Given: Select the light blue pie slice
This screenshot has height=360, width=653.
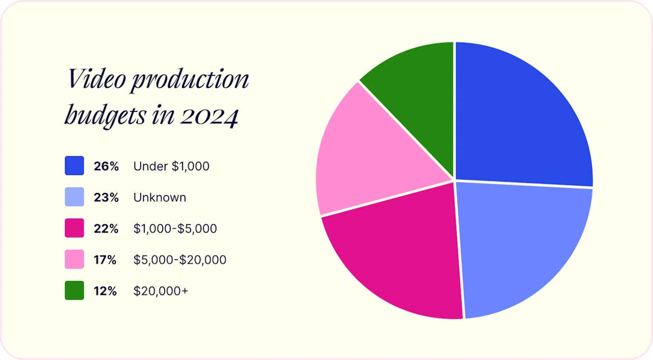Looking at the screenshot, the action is click(522, 248).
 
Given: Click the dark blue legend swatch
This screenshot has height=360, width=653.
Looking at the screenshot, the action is click(74, 166).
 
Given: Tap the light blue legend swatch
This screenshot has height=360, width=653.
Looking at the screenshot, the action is click(74, 197).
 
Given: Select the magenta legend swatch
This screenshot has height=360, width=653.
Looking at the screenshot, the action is click(74, 228).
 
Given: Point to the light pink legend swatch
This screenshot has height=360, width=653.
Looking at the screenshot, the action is click(74, 259).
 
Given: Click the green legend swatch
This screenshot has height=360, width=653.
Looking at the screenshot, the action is click(74, 290).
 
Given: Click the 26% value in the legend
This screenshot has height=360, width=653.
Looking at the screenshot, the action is click(106, 166).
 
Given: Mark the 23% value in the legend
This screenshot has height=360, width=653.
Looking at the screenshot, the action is click(106, 197).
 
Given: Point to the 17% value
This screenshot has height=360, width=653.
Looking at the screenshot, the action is click(105, 260).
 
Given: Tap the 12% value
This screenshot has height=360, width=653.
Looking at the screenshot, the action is click(105, 291).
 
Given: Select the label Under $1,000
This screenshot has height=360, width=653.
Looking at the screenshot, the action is click(171, 166).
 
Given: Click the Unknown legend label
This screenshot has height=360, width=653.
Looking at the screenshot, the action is click(160, 197).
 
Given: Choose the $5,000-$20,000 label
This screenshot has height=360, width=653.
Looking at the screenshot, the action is click(180, 260).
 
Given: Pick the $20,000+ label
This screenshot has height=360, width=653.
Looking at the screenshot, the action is click(161, 291).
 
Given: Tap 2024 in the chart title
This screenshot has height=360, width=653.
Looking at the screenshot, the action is click(209, 116).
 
